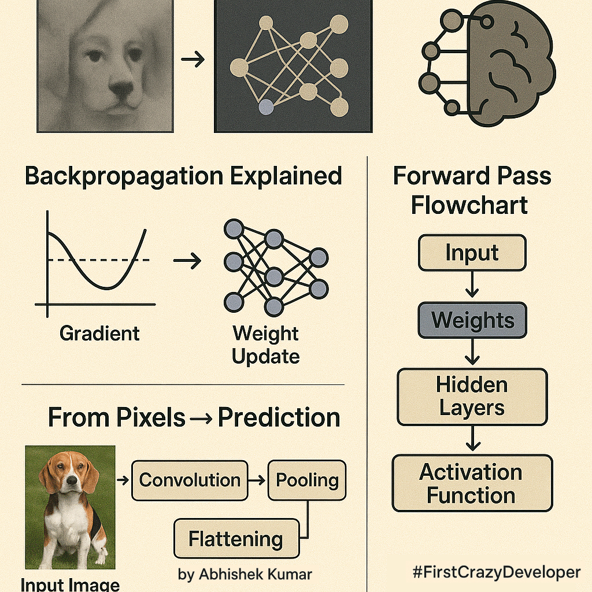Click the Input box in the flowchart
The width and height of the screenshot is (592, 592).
(x=472, y=253)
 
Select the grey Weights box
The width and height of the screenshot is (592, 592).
(x=472, y=320)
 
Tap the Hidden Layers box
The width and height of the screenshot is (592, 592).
(x=472, y=397)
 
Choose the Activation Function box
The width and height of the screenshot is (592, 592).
(x=472, y=483)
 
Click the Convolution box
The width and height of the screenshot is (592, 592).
(x=190, y=480)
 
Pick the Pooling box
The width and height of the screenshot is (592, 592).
(x=306, y=480)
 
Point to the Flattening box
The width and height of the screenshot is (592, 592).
(x=236, y=539)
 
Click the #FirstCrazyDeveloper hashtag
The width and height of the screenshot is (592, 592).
(x=496, y=572)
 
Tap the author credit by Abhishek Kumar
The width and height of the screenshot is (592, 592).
(x=245, y=574)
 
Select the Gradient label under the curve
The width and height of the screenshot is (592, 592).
(x=99, y=334)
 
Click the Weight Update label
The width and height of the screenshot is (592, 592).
(x=266, y=345)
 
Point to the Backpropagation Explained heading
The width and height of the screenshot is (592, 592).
(x=183, y=176)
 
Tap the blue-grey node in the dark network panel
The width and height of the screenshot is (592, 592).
(x=266, y=106)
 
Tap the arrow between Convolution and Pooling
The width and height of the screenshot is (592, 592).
(x=257, y=480)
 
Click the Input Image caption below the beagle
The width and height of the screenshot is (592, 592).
(x=70, y=584)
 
